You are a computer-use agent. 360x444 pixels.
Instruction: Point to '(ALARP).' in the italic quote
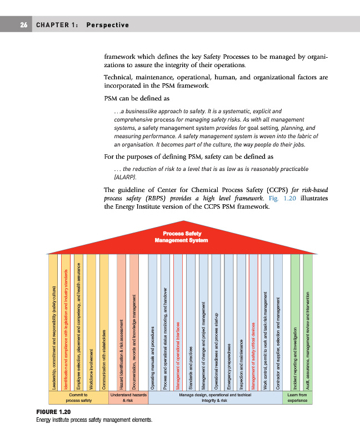[124, 178]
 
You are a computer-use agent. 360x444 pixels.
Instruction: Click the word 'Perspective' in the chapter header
[108, 25]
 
